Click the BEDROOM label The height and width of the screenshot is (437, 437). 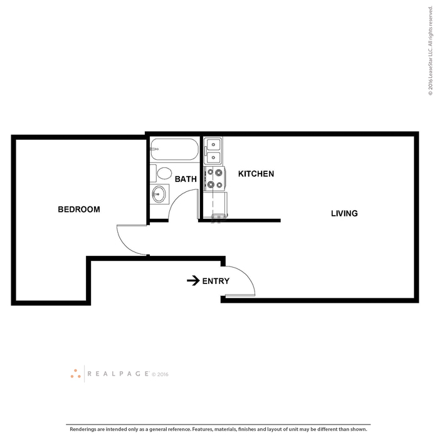tap(79, 209)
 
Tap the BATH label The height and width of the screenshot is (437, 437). tap(186, 179)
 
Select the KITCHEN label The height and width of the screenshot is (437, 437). tap(256, 174)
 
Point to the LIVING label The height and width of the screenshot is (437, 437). tap(344, 213)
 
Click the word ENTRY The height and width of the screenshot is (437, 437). tap(216, 281)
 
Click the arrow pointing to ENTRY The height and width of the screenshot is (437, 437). tap(193, 281)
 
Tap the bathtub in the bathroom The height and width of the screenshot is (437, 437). tap(174, 149)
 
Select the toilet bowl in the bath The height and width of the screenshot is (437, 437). tap(164, 173)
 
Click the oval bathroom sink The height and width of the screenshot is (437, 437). tap(159, 194)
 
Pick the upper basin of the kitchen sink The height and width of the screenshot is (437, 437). tap(214, 145)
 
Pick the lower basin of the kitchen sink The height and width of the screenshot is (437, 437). tap(214, 157)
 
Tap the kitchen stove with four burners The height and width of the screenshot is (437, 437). tap(214, 179)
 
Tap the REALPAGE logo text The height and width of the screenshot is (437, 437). tap(118, 374)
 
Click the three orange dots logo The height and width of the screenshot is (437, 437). tap(75, 374)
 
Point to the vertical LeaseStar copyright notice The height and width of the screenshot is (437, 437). tap(431, 51)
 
